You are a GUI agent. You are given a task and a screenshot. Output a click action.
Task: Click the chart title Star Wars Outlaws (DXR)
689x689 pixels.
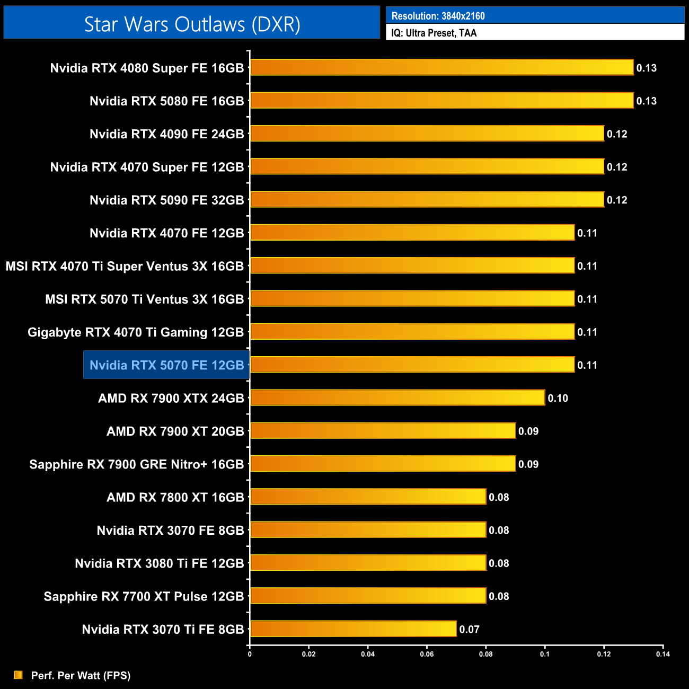click(192, 24)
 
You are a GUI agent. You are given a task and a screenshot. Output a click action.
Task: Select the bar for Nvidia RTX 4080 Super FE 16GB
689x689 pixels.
click(441, 68)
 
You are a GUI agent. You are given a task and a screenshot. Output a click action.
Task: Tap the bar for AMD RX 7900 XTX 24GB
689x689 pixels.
click(397, 398)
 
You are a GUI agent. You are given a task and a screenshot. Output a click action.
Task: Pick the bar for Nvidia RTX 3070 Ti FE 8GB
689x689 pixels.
click(353, 629)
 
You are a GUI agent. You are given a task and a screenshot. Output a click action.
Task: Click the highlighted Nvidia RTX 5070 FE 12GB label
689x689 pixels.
click(166, 365)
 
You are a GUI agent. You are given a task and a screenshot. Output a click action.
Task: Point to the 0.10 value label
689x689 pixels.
click(558, 399)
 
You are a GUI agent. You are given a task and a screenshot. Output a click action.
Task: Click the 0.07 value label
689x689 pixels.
click(469, 630)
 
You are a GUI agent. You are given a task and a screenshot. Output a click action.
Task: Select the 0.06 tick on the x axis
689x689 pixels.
click(427, 654)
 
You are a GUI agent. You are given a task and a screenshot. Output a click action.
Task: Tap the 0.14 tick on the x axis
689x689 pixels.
click(662, 654)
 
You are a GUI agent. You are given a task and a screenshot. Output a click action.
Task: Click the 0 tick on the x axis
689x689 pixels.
click(250, 654)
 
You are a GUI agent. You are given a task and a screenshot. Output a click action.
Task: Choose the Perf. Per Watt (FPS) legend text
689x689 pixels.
click(81, 675)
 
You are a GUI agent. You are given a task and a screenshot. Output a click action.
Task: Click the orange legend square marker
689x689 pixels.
click(18, 675)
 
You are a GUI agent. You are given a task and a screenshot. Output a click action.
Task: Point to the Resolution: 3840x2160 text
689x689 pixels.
click(438, 16)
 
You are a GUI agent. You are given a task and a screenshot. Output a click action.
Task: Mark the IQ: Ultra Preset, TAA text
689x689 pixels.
click(434, 33)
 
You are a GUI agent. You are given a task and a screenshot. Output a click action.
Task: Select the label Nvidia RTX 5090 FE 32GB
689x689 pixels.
click(166, 200)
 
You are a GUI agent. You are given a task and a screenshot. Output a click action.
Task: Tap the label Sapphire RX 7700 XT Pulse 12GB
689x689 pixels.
click(144, 597)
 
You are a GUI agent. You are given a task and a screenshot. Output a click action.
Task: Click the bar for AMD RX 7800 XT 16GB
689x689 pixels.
click(368, 497)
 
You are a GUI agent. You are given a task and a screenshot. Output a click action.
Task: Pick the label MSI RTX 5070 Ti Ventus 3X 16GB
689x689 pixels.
click(144, 299)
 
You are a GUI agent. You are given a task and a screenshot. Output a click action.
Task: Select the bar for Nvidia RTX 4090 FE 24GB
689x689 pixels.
click(427, 134)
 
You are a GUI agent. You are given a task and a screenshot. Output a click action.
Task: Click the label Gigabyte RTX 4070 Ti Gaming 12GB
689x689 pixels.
click(136, 332)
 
